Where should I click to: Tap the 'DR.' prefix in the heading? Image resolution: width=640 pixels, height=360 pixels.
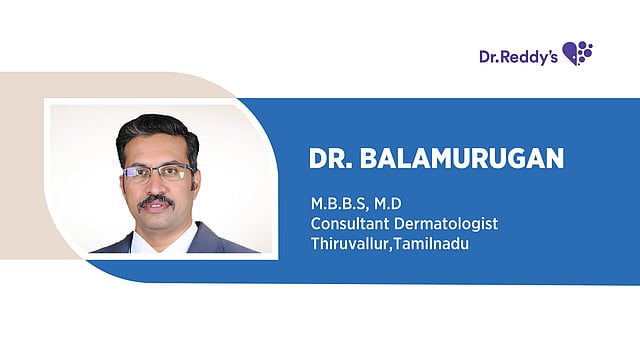coord(332,160)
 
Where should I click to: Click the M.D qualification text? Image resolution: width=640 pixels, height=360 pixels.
coord(387,205)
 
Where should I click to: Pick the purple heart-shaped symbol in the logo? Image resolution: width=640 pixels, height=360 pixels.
coord(577,53)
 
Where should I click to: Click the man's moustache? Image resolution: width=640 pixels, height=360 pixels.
coord(156,201)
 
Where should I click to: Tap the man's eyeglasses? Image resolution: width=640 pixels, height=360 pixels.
coord(157,172)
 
